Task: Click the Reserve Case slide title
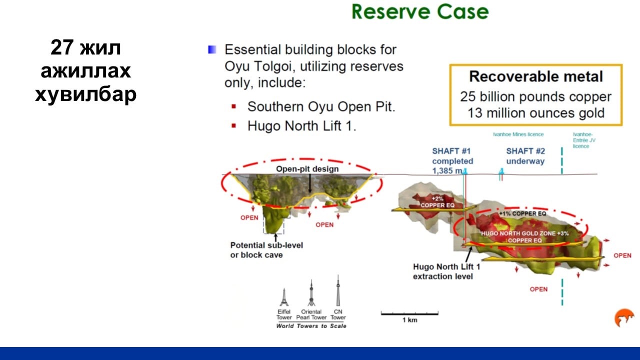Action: pyautogui.click(x=420, y=11)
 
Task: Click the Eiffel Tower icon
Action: pyautogui.click(x=284, y=297)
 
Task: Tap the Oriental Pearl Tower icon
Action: pyautogui.click(x=311, y=293)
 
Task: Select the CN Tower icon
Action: pyautogui.click(x=338, y=290)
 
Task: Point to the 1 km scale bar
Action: pyautogui.click(x=409, y=313)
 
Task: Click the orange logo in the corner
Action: pyautogui.click(x=624, y=317)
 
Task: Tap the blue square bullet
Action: pyautogui.click(x=212, y=49)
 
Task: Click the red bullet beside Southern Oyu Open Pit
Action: pyautogui.click(x=233, y=107)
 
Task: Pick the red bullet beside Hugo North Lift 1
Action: pyautogui.click(x=233, y=125)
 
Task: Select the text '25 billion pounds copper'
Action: pyautogui.click(x=535, y=96)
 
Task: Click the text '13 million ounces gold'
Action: pyautogui.click(x=536, y=113)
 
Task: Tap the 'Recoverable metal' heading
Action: pyautogui.click(x=536, y=76)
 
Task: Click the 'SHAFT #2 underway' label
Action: pyautogui.click(x=525, y=156)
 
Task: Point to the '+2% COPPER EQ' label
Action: pyautogui.click(x=437, y=201)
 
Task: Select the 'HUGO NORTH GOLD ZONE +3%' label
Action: pyautogui.click(x=525, y=233)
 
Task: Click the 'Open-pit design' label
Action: pyautogui.click(x=307, y=169)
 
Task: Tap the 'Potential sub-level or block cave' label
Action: pyautogui.click(x=266, y=250)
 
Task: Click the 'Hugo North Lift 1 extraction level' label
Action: pyautogui.click(x=446, y=271)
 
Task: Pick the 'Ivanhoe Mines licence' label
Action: pyautogui.click(x=518, y=134)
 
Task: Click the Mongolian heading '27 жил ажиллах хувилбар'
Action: pyautogui.click(x=85, y=70)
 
